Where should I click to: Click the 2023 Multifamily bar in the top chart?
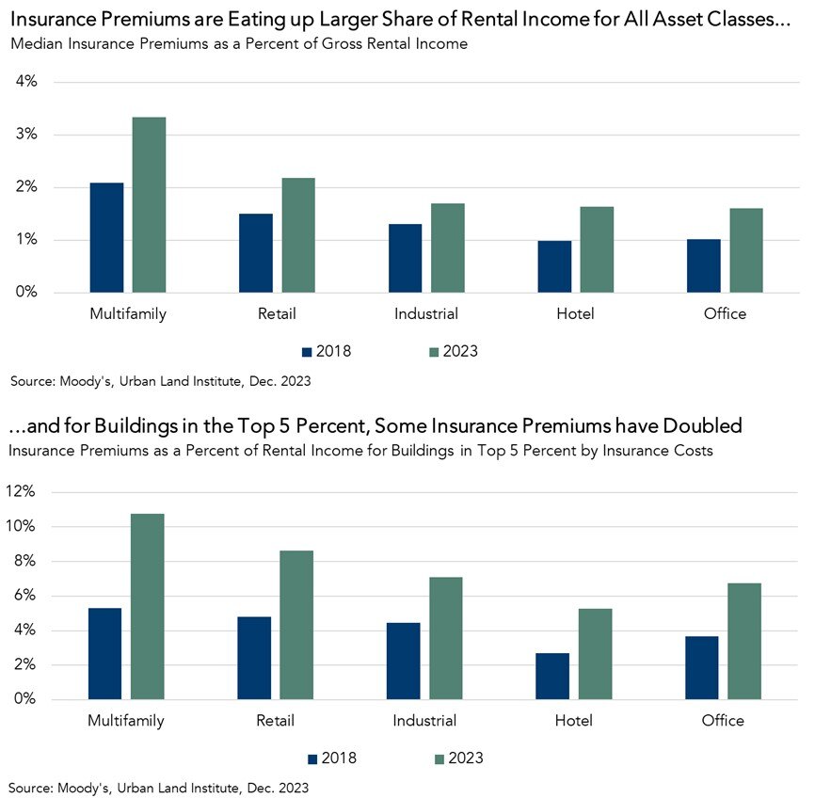tap(149, 204)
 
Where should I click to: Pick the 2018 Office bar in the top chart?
tap(704, 265)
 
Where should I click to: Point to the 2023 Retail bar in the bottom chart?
tap(297, 625)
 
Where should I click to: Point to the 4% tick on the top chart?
tap(25, 82)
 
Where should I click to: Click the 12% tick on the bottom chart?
tap(22, 492)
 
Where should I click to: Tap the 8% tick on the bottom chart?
tap(25, 562)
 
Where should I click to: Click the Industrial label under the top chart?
tap(426, 314)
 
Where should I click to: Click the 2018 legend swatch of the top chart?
tap(307, 352)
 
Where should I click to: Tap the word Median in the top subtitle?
tap(37, 44)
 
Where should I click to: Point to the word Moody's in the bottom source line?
tap(83, 786)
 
